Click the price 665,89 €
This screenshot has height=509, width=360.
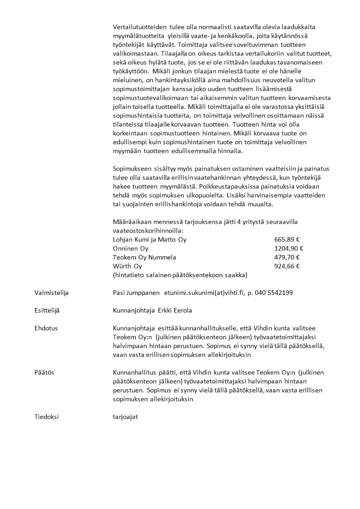[x=287, y=240]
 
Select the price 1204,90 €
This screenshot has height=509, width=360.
[x=289, y=249]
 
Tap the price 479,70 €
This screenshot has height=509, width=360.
[x=287, y=257]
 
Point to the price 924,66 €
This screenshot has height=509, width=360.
[x=287, y=266]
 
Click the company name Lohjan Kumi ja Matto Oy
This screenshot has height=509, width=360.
[x=149, y=240]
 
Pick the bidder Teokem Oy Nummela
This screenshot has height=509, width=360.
[x=144, y=257]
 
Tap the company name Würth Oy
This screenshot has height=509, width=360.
[x=127, y=266]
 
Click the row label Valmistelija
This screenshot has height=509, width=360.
[x=51, y=293]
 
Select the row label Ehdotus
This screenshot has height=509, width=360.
[x=46, y=328]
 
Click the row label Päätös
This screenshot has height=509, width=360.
[x=44, y=372]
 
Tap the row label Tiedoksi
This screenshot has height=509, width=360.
[x=47, y=416]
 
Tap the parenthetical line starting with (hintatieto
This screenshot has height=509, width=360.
[x=180, y=275]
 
